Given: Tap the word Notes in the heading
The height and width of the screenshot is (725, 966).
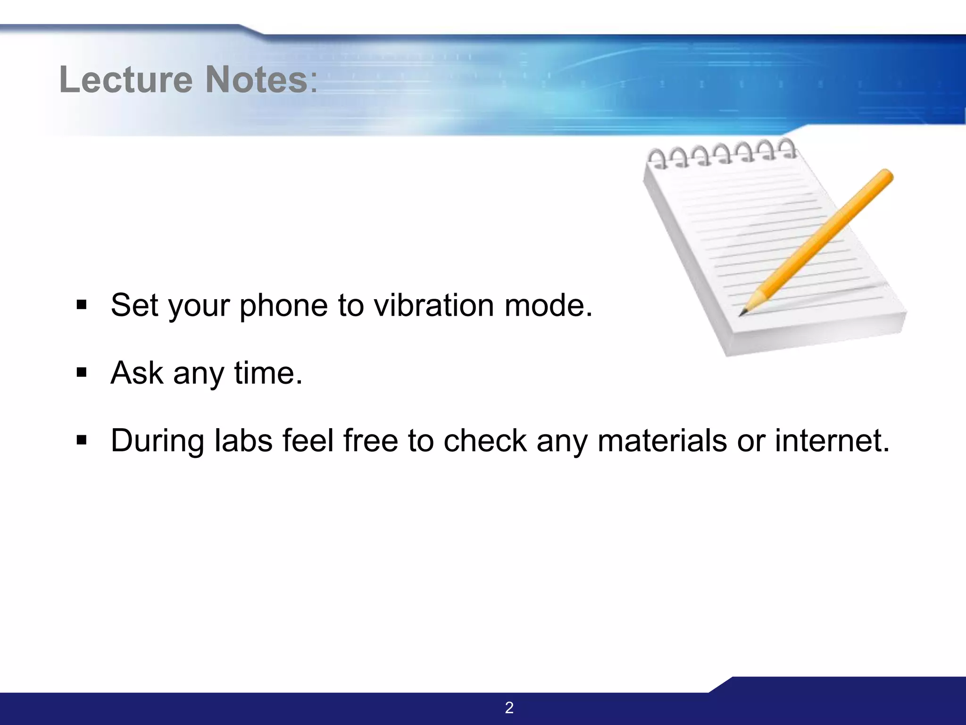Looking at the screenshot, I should (x=256, y=79).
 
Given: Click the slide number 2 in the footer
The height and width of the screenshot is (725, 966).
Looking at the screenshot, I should (x=509, y=708).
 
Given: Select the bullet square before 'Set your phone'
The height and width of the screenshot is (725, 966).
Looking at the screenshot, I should (x=82, y=305).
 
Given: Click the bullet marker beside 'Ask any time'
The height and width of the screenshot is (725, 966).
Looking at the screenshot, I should (x=82, y=373).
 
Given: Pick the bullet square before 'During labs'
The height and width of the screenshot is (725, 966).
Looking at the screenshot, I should (x=82, y=440).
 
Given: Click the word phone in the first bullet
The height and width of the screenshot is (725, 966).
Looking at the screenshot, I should (x=283, y=306).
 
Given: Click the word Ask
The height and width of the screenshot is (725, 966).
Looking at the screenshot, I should (x=137, y=373).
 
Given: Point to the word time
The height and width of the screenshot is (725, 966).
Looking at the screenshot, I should (x=267, y=373).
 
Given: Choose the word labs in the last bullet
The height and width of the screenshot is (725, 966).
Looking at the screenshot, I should (x=243, y=440).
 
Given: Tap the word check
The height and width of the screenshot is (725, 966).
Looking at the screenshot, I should (x=485, y=440).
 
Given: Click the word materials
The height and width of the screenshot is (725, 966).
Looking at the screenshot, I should (x=662, y=440).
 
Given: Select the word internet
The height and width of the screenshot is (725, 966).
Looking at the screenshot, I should (x=832, y=440).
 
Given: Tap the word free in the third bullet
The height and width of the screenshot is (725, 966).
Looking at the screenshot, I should (x=370, y=440).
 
